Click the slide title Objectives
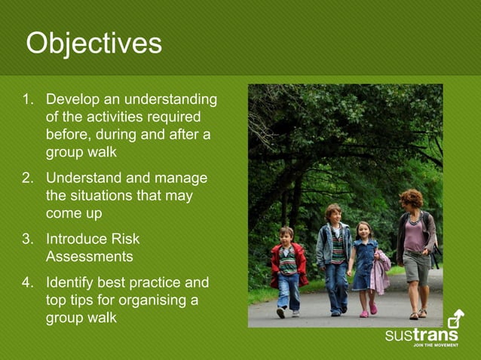pyautogui.click(x=93, y=44)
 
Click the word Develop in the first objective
pyautogui.click(x=73, y=100)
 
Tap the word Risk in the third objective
pyautogui.click(x=124, y=239)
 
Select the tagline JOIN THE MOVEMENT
pyautogui.click(x=435, y=346)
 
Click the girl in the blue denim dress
pyautogui.click(x=363, y=265)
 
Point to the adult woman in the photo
pyautogui.click(x=414, y=249)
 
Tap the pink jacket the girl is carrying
pyautogui.click(x=381, y=272)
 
